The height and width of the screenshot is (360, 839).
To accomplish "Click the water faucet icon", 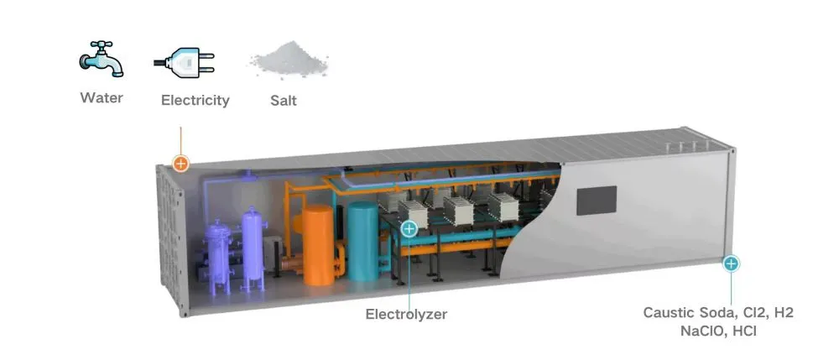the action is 102,59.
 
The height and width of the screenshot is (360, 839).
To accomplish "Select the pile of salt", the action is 289,59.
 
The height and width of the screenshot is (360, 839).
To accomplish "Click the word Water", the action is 102,98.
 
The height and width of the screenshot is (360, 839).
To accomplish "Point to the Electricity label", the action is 195,101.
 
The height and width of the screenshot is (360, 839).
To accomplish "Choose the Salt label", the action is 284,101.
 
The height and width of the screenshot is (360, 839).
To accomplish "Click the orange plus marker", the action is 181,163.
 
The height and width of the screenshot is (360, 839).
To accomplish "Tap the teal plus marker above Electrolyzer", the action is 409,229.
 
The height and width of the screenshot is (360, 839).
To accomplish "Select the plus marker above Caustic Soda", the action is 731,263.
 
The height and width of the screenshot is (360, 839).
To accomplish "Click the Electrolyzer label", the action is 406,314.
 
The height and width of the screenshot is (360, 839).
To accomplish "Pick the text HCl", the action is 743,331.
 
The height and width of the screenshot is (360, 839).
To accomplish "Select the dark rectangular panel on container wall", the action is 596,201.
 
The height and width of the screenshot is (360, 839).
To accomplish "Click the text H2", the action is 784,313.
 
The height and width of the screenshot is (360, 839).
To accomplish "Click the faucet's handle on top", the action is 102,44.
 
